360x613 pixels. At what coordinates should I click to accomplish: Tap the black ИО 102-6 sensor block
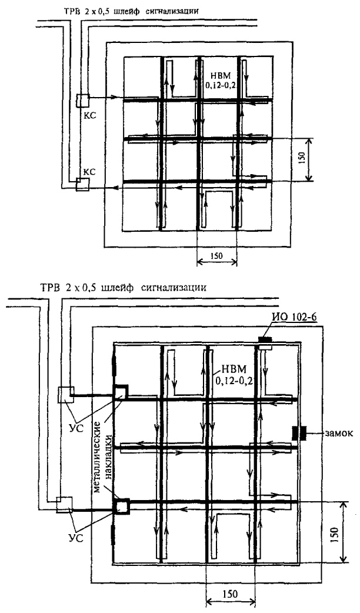265,339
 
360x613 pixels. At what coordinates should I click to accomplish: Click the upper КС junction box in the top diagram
82,101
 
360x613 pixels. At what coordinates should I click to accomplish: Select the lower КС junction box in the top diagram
82,184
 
